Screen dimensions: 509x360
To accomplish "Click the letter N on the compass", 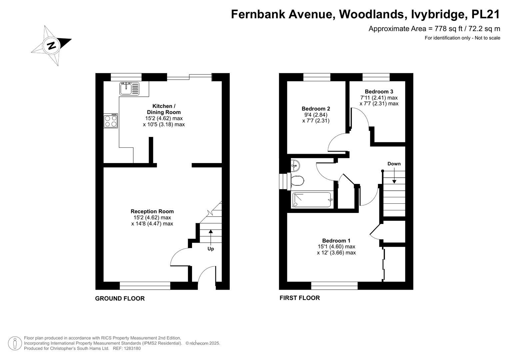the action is point(52,46).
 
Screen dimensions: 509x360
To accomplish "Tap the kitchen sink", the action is point(129,89).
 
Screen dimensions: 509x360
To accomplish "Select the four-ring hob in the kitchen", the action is point(111,121).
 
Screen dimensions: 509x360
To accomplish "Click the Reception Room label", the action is point(152,211).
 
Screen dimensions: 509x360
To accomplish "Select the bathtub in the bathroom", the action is point(312,200).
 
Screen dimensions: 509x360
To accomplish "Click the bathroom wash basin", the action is point(295,166).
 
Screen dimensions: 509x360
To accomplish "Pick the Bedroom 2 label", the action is point(316,109).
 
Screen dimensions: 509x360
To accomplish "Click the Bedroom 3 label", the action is point(379,92).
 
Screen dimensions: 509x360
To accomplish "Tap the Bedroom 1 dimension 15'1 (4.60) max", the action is point(336,247).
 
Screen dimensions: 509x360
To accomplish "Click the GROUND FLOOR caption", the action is point(120,298).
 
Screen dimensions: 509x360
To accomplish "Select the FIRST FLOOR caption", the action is point(299,298).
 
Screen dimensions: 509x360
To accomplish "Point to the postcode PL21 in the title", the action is point(486,14).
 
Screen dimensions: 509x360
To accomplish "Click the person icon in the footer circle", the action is point(15,343).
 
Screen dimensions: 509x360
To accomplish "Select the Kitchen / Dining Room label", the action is point(164,109).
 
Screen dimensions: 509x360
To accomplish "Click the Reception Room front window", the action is point(145,286).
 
